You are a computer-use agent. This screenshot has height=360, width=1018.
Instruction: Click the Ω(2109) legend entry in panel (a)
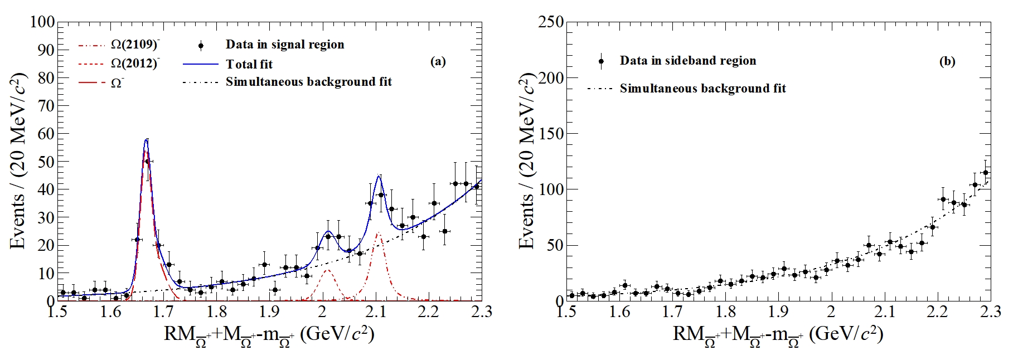(x=135, y=45)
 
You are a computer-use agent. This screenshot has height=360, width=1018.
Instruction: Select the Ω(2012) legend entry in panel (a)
(x=135, y=64)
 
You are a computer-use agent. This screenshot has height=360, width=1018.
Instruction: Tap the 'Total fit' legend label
(x=249, y=64)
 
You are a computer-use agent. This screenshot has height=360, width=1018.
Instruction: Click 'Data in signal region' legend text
(x=285, y=45)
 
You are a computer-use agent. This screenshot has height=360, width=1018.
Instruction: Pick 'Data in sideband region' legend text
(x=688, y=61)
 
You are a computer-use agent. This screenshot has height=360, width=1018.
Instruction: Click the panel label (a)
(x=438, y=62)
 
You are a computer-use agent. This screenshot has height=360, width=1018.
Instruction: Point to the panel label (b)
(x=947, y=62)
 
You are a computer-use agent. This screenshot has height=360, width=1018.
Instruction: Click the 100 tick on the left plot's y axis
(x=42, y=22)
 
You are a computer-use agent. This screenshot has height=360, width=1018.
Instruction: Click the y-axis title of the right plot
(x=527, y=162)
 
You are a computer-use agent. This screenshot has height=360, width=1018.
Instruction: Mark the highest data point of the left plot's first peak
(x=147, y=162)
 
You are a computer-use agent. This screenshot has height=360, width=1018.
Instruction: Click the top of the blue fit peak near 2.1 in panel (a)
(x=379, y=176)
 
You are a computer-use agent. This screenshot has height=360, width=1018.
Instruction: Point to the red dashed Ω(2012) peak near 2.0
(x=327, y=270)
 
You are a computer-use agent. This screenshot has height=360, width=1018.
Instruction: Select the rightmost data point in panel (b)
(x=985, y=173)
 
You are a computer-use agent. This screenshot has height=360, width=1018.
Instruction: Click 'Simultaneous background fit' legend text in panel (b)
(x=703, y=89)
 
